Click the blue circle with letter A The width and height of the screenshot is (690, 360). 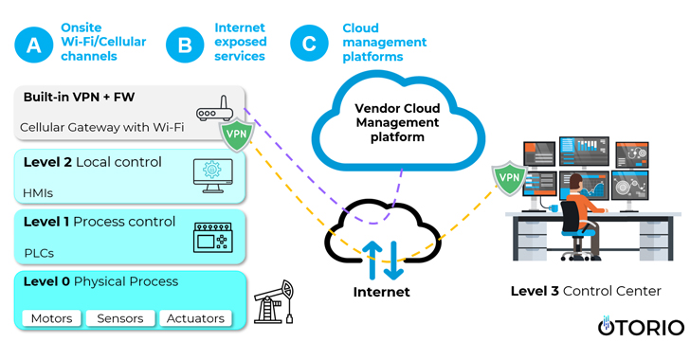[x=33, y=44]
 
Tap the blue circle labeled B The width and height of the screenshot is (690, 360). [x=185, y=44]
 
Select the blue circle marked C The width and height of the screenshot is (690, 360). [x=309, y=44]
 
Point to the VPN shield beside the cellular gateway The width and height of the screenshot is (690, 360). [x=237, y=135]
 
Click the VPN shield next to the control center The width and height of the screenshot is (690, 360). [x=509, y=177]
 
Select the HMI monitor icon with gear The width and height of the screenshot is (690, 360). [x=212, y=174]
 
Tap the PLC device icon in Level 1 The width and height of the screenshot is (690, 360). [x=212, y=237]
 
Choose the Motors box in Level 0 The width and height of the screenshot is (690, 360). [x=51, y=318]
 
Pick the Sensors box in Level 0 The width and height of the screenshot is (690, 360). [x=120, y=318]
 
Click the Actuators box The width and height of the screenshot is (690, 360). [x=195, y=318]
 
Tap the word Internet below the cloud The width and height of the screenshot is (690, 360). [x=381, y=293]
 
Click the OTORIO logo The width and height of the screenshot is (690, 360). [x=640, y=327]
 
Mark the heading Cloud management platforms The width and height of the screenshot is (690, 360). [x=384, y=43]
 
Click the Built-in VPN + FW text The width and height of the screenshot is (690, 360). [x=80, y=97]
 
